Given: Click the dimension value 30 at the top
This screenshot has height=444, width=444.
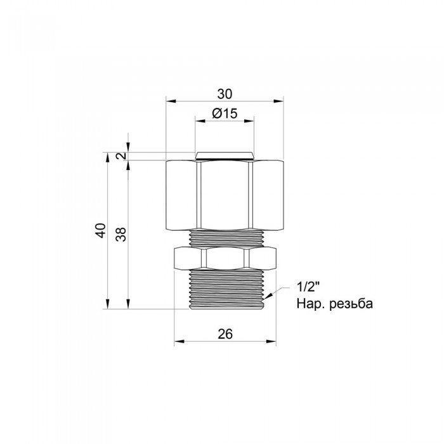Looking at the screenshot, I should [x=224, y=94].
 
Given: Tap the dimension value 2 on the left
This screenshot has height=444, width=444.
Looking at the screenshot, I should [x=119, y=156].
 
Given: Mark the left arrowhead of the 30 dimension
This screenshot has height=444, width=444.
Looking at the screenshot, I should [x=169, y=100].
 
